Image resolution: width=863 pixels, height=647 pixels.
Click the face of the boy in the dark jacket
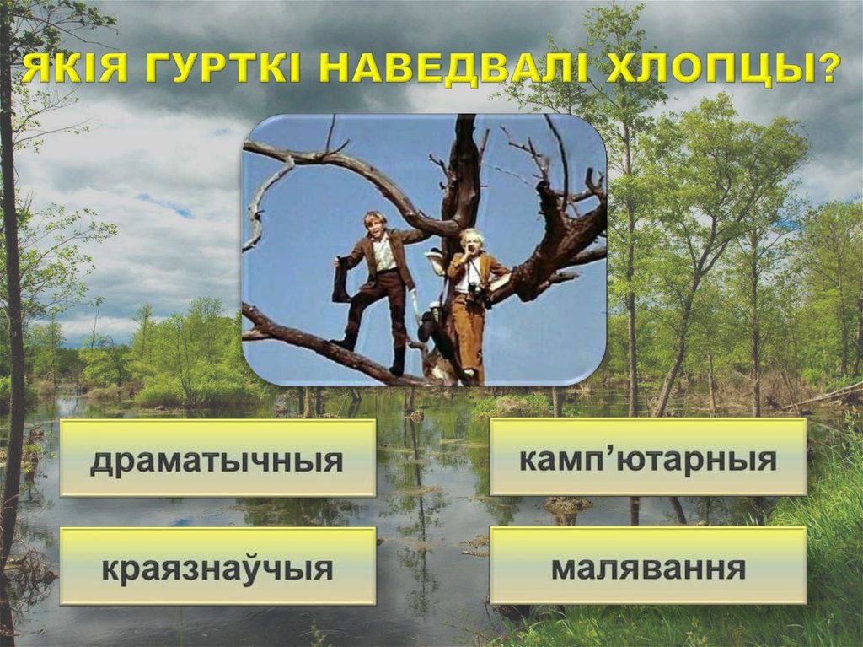[374, 225]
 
